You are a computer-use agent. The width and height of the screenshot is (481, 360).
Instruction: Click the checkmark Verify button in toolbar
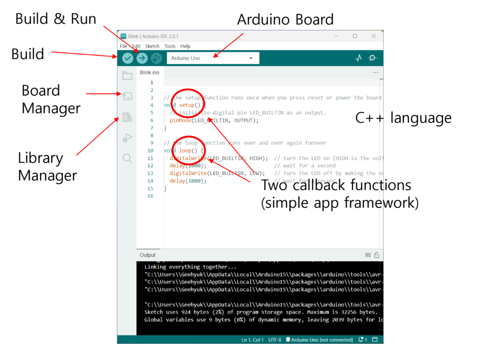pos(128,58)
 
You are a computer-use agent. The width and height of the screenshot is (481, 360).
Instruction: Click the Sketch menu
pos(152,46)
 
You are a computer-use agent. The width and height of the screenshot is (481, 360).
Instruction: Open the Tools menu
pos(170,46)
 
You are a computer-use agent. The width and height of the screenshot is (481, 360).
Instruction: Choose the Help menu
pos(186,46)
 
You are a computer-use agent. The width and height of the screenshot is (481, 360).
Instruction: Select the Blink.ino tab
pos(149,73)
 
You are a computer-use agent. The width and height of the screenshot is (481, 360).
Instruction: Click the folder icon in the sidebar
pos(128,76)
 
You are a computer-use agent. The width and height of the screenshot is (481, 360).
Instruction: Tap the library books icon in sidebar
pos(128,117)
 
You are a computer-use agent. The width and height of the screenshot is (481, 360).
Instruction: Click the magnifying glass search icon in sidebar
pos(128,158)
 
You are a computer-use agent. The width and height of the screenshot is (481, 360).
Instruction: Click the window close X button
pos(374,36)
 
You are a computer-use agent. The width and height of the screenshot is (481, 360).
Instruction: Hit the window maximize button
pos(355,36)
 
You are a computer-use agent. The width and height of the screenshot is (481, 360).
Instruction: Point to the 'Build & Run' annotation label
pos(55,19)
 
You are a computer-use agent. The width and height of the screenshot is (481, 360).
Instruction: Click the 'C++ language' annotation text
pos(403,118)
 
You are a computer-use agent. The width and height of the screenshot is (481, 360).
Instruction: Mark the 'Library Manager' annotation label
pos(47,166)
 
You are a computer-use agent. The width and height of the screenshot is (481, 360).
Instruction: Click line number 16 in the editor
pos(150,196)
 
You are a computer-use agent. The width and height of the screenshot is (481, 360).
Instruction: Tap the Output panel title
pos(147,255)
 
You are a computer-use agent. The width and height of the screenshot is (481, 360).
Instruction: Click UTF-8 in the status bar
pos(275,340)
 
